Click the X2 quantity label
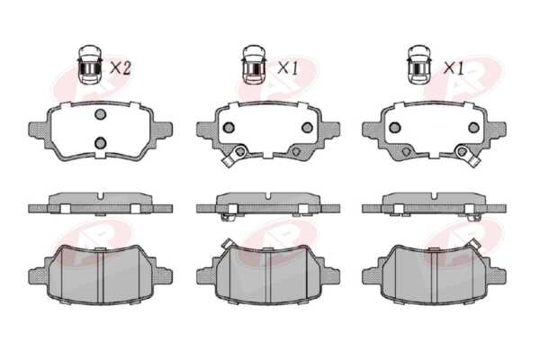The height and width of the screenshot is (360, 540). point(121,67)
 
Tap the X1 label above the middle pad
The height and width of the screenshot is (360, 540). point(288,67)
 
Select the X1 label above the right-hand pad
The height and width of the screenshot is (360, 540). point(454,67)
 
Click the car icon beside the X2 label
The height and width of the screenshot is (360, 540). point(89,64)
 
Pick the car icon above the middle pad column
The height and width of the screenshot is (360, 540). point(254,64)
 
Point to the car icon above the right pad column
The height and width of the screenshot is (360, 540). point(419,64)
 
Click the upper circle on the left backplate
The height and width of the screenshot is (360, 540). point(100,114)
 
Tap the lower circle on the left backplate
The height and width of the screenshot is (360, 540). point(100,142)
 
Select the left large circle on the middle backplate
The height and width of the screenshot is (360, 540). point(229,128)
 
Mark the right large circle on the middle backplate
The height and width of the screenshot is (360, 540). point(307,128)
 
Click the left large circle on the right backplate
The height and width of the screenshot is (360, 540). point(395,128)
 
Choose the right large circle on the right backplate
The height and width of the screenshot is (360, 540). point(474,128)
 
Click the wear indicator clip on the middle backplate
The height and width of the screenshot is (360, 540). point(233,156)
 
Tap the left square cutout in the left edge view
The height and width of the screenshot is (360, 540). point(65,209)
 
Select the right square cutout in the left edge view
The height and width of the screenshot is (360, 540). point(135,209)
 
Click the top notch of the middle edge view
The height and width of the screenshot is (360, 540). point(268,195)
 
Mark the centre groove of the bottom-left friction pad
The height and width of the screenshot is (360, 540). point(100,276)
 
